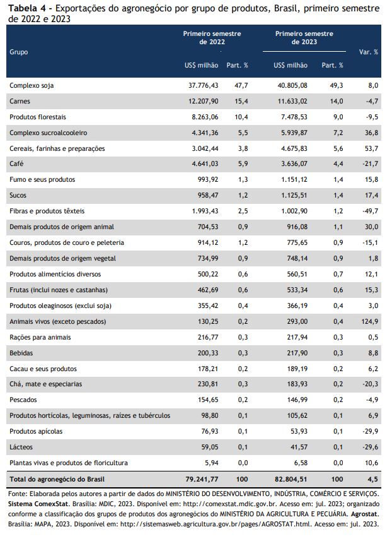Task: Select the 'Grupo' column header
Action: [x=18, y=52]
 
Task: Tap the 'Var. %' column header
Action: [x=369, y=52]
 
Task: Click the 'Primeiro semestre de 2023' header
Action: [x=304, y=38]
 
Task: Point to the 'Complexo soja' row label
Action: [x=32, y=86]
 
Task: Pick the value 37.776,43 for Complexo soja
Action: [x=203, y=86]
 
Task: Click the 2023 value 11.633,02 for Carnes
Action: [x=292, y=102]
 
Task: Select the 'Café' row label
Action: [x=16, y=163]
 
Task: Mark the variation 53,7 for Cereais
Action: [x=371, y=148]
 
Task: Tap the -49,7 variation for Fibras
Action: [x=371, y=211]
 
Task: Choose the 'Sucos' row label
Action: [x=18, y=195]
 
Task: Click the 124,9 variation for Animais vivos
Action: [x=370, y=322]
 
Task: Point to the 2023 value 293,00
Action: [x=297, y=322]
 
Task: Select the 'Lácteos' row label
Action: [x=21, y=447]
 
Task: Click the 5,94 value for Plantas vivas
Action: [x=212, y=463]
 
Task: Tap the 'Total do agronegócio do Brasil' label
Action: [x=57, y=479]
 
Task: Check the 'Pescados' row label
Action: [x=23, y=400]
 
